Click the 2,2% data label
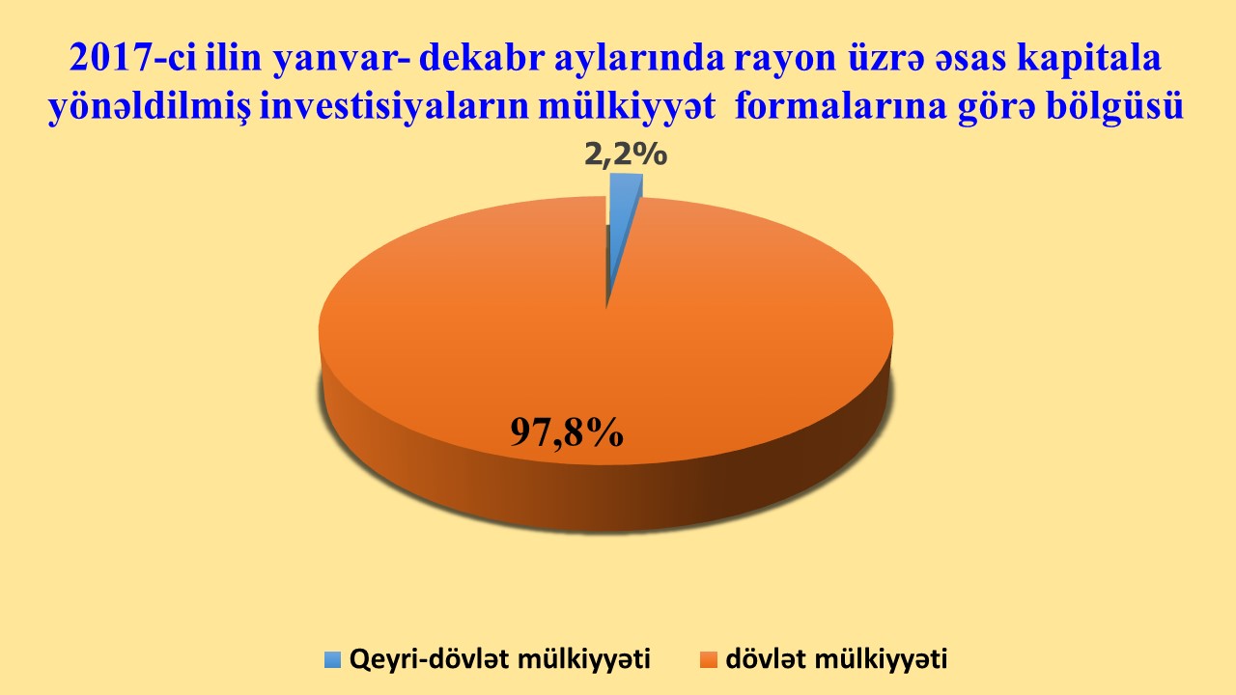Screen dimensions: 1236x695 coord(626,155)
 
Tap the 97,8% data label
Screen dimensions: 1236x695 coord(567,432)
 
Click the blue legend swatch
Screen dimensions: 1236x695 coord(333,659)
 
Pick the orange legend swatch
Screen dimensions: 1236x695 coord(709,659)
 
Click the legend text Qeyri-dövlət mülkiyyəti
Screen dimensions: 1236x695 coord(500,658)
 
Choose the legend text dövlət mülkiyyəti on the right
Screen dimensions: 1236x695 coord(836,658)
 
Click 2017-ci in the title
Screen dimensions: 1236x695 coord(133,57)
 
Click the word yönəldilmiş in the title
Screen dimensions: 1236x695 coord(149,106)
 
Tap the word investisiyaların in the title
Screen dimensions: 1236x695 coord(395,106)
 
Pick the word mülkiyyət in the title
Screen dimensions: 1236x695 coord(628,106)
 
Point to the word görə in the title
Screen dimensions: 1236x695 coord(997,107)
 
